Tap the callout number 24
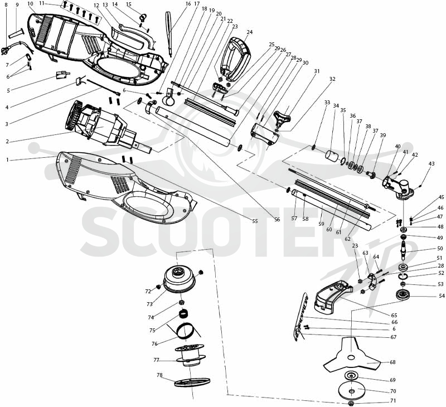coord(249,32)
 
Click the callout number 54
coord(442,296)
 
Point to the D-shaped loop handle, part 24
coord(236,59)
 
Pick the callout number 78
coord(159,375)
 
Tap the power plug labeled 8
coord(5,51)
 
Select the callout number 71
coord(393,400)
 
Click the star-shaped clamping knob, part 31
coord(282,118)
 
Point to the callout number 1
coord(7,160)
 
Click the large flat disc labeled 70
coord(352,391)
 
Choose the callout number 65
coord(394,315)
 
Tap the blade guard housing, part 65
coord(332,296)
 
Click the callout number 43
coord(432,164)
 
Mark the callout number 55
coord(255,221)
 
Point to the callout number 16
coord(188,4)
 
